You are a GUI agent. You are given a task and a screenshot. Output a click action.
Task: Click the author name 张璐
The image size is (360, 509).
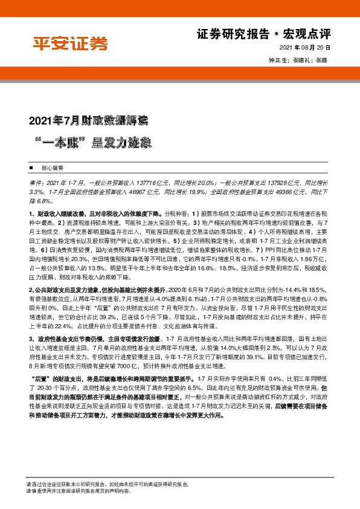[321, 60]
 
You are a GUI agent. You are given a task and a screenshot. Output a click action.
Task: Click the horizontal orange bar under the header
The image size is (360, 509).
[179, 71]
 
